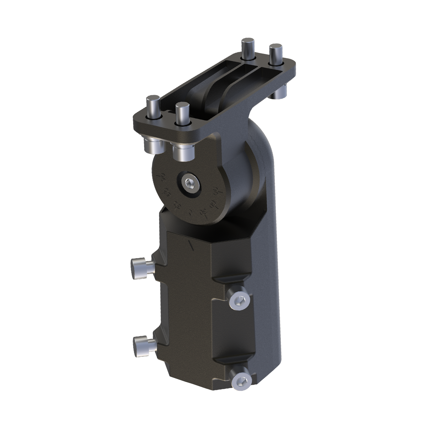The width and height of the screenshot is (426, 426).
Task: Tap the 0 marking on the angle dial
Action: click(190, 213)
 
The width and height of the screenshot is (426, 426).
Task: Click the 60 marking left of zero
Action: click(165, 193)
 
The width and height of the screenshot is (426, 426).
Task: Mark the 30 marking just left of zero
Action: click(176, 206)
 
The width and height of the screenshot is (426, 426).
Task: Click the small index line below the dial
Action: click(191, 245)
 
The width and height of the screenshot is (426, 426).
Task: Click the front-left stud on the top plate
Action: click(154, 108)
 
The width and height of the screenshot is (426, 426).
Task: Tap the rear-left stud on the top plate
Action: click(247, 50)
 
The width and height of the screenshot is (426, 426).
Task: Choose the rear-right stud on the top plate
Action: click(275, 54)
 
